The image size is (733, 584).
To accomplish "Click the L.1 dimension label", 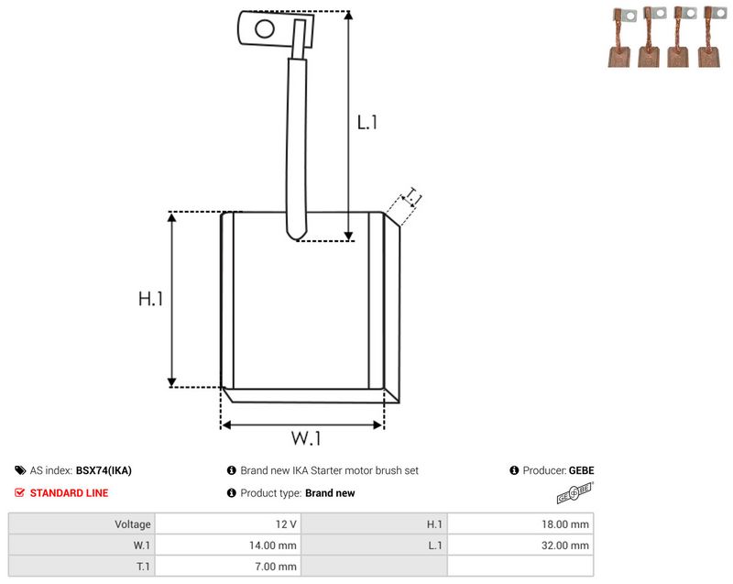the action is point(367,123).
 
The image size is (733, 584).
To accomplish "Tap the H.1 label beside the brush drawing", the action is point(150,299).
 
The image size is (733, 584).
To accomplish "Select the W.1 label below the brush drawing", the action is point(306,438).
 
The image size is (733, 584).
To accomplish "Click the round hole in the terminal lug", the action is point(265,28).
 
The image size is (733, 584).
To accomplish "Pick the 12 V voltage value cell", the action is point(286,524).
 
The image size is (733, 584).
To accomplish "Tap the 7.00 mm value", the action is point(276,567).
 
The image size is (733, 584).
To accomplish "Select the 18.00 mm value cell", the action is point(565,524).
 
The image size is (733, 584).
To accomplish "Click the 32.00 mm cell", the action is point(565,545).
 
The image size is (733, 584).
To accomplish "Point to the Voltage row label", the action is point(133,524).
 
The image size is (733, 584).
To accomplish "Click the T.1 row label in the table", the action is point(143,567).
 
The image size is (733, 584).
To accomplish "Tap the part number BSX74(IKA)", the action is point(104,470).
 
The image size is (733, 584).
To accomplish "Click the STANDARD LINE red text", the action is point(70,493).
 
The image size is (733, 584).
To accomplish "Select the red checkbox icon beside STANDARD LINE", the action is point(19,493).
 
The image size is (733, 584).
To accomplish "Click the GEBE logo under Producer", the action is point(575,493).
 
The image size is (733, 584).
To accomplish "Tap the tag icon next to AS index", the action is point(20,470).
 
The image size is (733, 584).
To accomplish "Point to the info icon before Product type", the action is point(232,493).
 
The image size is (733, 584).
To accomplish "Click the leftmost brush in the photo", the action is point(621,39).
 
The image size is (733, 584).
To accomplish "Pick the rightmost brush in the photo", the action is point(711,37).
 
